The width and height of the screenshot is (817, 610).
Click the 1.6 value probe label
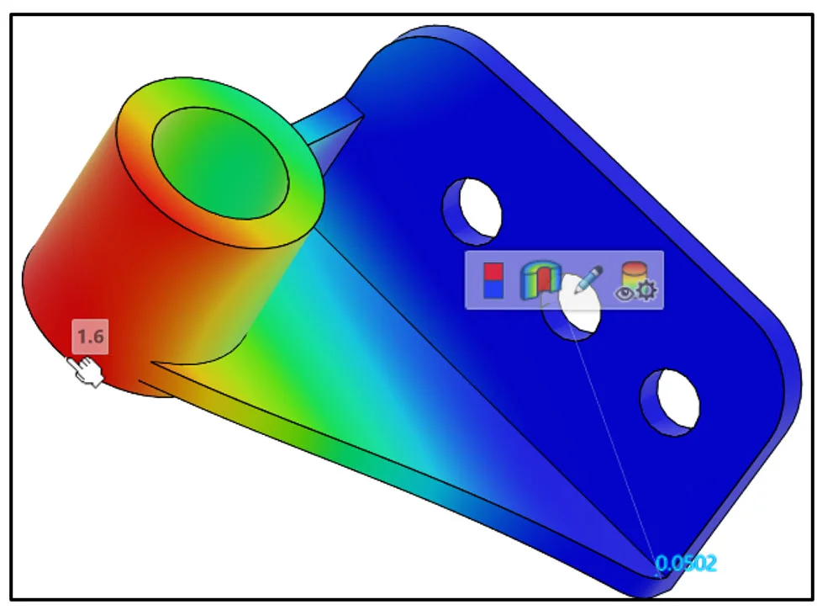pos(90,337)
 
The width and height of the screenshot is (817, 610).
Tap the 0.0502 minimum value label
pos(685,563)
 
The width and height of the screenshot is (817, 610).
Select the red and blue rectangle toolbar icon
pos(493,280)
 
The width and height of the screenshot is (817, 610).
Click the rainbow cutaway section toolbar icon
pos(540,280)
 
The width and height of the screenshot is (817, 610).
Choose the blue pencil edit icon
pos(588,280)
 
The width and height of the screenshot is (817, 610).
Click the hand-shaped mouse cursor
pos(87,371)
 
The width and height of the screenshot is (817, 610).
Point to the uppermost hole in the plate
pos(472,206)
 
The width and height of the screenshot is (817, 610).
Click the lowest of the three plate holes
pos(671,401)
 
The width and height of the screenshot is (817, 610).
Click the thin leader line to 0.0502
pos(614,438)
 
